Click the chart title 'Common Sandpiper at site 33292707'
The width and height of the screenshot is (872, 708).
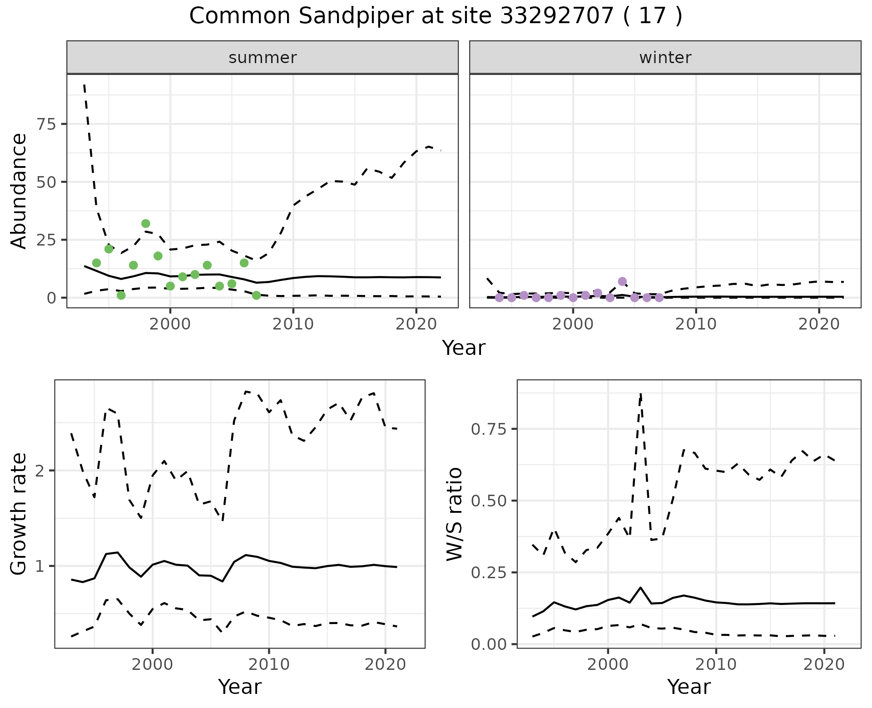[435, 16]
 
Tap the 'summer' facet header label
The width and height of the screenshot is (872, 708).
[263, 58]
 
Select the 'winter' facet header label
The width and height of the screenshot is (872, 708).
[665, 58]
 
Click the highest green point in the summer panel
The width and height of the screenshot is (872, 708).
[146, 224]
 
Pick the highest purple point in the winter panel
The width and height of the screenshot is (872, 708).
[622, 281]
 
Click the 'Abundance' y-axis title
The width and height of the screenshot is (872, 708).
[19, 191]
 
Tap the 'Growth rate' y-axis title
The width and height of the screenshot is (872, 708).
[19, 514]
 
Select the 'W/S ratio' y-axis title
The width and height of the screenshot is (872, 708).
[454, 514]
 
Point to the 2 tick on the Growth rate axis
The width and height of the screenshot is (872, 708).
[43, 471]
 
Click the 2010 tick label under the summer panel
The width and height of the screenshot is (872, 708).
[293, 324]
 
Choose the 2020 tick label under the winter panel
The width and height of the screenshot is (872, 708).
[818, 324]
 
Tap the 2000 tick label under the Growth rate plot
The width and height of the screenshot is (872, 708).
[153, 664]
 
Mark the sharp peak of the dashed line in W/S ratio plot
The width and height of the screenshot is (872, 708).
[640, 394]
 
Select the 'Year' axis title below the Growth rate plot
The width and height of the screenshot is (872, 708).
[240, 687]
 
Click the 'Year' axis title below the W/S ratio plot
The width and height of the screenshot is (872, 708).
[689, 687]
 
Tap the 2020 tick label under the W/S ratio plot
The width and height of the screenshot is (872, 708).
[824, 664]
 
